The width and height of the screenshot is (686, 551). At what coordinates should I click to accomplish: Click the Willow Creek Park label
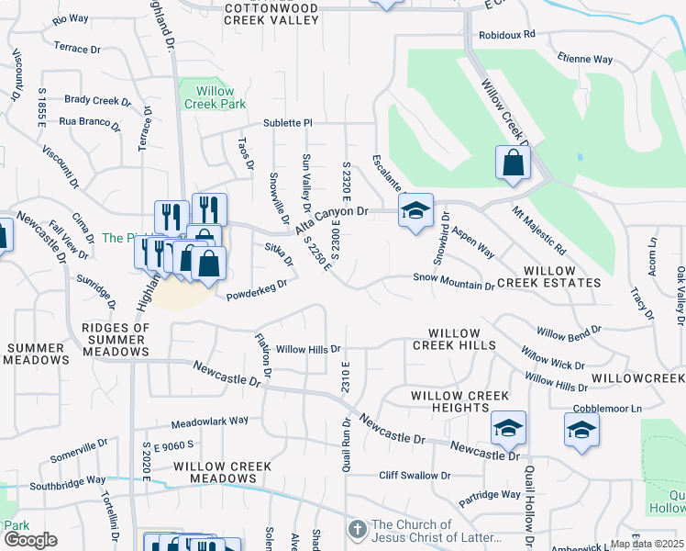(214, 97)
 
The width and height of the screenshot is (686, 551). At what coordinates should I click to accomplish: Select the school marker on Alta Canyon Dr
(415, 210)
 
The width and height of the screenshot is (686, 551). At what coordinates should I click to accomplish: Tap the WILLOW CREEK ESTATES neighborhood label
(549, 277)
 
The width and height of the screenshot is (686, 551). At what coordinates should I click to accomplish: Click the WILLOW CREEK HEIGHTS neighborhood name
(459, 401)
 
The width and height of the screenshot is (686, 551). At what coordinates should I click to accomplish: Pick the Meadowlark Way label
(210, 421)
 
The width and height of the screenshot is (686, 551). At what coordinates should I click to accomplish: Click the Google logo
(29, 541)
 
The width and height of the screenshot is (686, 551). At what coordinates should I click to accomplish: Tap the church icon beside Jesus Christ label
(358, 531)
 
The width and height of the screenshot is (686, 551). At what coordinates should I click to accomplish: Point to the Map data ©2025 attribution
(647, 544)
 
